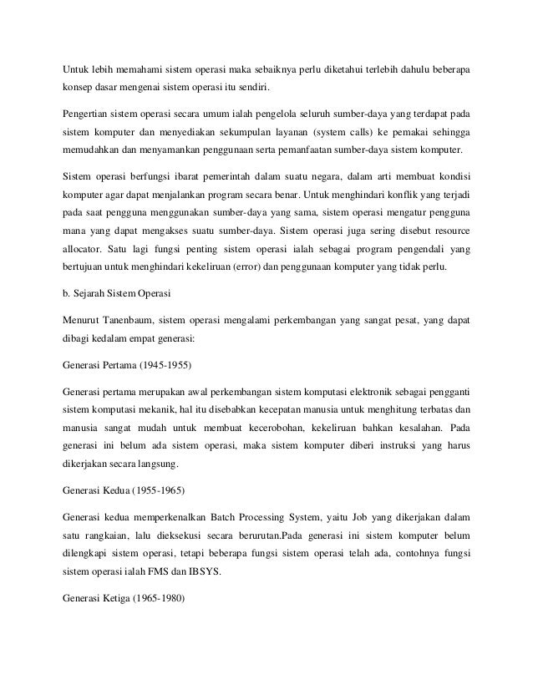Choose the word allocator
point(88,248)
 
